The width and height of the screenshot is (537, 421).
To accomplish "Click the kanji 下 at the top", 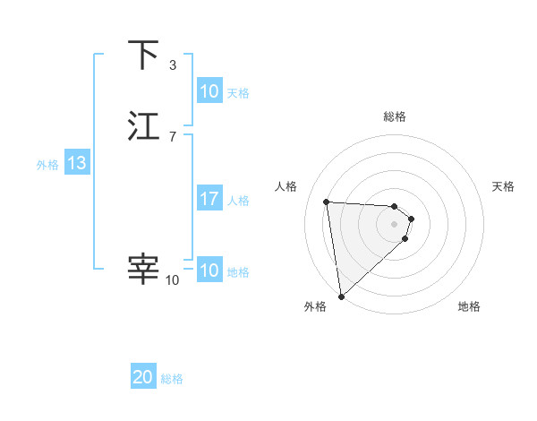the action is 143,56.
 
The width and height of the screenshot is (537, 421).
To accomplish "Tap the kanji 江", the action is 143,126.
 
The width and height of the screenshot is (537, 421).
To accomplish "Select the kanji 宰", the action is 143,269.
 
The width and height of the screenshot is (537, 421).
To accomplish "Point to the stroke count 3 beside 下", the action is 173,65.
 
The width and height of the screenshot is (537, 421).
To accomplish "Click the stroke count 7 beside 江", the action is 173,136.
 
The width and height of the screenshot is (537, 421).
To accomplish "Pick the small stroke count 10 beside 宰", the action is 173,280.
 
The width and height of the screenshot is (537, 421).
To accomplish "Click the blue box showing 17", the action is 209,199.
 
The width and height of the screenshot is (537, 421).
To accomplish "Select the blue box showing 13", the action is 76,163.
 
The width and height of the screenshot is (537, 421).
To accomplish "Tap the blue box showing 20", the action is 143,377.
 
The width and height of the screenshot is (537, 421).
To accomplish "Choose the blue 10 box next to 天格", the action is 209,91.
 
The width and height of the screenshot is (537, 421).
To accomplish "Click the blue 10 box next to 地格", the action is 209,271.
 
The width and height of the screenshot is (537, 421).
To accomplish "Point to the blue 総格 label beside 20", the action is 173,379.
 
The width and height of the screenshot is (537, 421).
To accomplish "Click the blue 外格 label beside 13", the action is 47,165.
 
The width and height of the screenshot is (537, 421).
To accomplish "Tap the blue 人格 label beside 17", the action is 239,201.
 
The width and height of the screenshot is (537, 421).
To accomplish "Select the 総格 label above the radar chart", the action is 395,116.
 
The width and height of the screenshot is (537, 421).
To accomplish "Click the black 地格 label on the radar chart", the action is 469,306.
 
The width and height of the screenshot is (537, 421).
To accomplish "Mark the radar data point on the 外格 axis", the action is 341,296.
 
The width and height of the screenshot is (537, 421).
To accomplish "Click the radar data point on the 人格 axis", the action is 327,202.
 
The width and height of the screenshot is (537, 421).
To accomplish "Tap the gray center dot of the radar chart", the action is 395,224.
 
